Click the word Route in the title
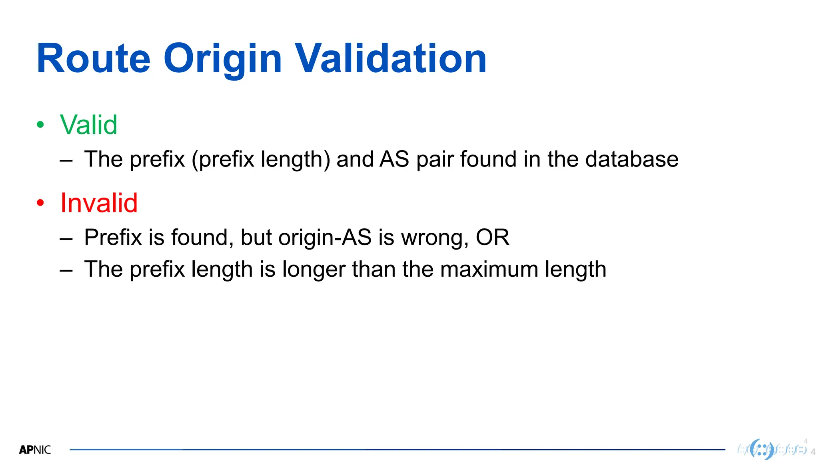(93, 59)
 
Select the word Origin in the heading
(222, 60)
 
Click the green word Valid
(88, 125)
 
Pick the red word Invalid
(99, 203)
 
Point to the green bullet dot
(40, 125)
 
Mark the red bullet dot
(40, 203)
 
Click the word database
(632, 159)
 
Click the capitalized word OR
(492, 238)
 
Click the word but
(256, 238)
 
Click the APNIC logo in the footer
(35, 450)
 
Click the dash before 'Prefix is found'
(66, 239)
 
